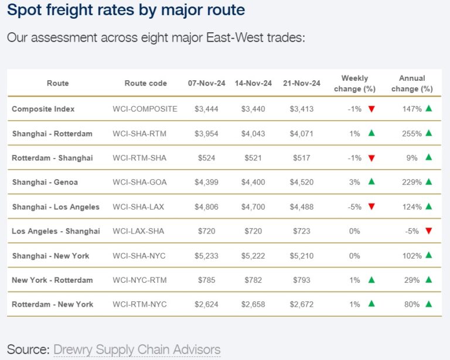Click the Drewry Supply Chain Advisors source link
[x=137, y=350]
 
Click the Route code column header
[x=145, y=83]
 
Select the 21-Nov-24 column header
[x=301, y=83]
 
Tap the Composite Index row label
[x=43, y=109]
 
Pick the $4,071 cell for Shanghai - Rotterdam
[x=301, y=133]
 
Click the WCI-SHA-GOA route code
[x=139, y=182]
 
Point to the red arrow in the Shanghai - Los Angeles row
[x=371, y=207]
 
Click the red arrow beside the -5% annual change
[x=429, y=231]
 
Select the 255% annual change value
[x=412, y=133]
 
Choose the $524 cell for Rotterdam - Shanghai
[x=206, y=158]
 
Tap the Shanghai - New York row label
[x=50, y=256]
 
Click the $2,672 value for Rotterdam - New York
[x=301, y=304]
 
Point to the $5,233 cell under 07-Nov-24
[x=206, y=256]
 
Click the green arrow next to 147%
[x=429, y=108]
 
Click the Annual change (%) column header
[x=412, y=83]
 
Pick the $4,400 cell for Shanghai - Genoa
[x=253, y=182]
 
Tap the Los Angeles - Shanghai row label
[x=56, y=231]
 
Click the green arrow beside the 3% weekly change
[x=371, y=181]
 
